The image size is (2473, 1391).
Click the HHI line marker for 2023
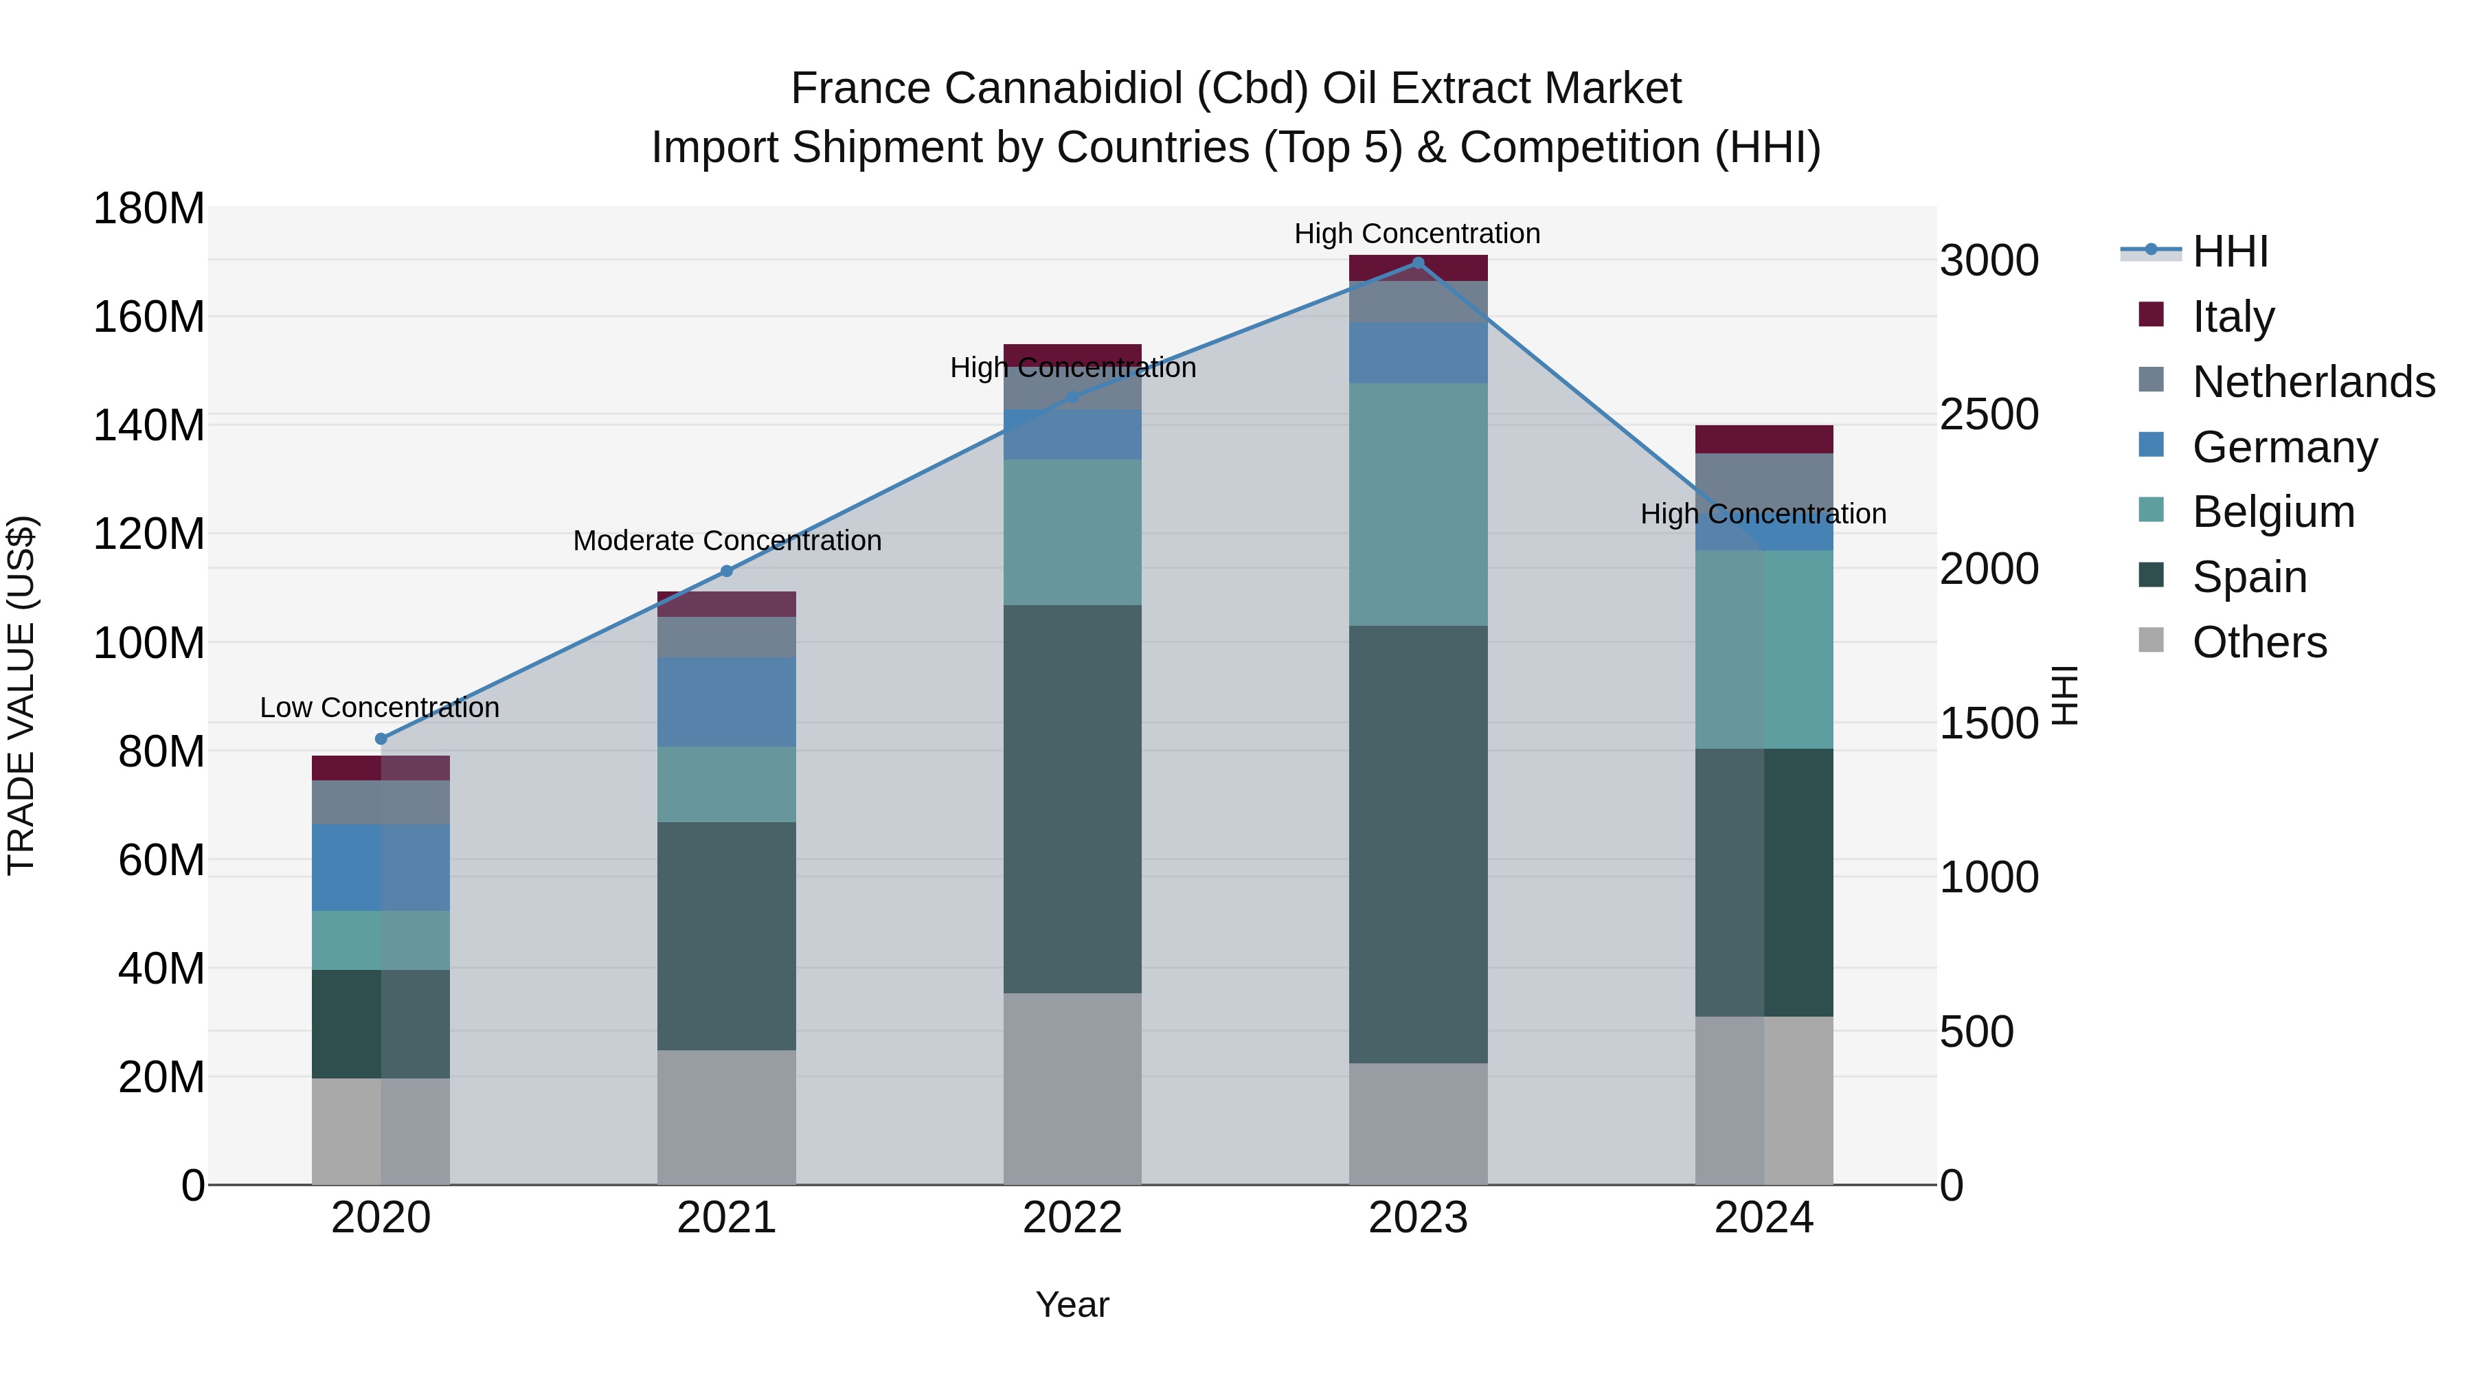point(1418,263)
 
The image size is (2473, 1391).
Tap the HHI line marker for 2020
point(381,738)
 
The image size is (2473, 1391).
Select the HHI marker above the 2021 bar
point(727,572)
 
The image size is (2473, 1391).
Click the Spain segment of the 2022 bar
point(1072,799)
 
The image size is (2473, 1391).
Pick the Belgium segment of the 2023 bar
point(1418,504)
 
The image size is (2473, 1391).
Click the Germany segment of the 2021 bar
point(727,702)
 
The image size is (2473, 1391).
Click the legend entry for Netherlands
point(2313,382)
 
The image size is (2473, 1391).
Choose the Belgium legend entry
point(2272,512)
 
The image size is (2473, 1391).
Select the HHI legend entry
point(2229,251)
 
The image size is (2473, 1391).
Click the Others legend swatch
point(2152,640)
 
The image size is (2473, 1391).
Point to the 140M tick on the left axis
point(149,425)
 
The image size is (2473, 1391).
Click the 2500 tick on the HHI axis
point(1989,415)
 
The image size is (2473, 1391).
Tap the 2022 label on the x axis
point(1072,1218)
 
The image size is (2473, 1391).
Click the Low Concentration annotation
point(379,708)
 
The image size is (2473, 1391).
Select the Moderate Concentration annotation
point(727,541)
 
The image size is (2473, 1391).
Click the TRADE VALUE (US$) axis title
point(22,695)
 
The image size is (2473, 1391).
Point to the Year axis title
point(1072,1304)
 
